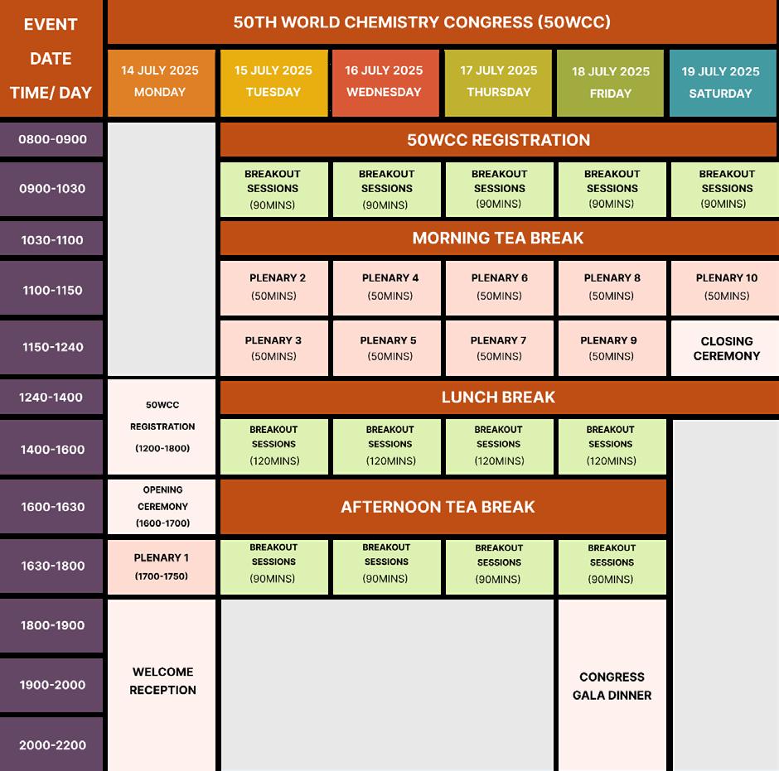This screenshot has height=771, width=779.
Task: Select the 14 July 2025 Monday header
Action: point(160,82)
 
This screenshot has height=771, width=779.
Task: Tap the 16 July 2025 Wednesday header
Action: point(384,82)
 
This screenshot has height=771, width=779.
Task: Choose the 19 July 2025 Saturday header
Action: point(720,83)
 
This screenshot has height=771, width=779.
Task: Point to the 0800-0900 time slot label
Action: point(52,139)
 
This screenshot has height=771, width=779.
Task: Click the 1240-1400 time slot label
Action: point(51,398)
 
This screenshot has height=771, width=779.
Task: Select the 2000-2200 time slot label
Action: point(52,744)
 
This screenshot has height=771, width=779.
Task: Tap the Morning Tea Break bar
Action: point(497,239)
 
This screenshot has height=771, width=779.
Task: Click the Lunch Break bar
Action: point(497,398)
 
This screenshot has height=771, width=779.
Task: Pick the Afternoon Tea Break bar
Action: point(443,507)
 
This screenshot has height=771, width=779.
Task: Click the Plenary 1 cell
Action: point(162,566)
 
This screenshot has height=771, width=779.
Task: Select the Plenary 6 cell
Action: point(499,287)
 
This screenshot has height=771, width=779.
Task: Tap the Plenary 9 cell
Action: point(611,348)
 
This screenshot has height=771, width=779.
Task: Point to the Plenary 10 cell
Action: point(726,287)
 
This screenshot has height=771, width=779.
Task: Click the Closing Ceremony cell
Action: point(726,349)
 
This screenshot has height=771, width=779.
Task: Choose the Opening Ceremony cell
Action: point(162,506)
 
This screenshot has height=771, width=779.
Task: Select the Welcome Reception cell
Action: point(162,681)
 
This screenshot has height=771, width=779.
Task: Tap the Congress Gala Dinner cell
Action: point(612,686)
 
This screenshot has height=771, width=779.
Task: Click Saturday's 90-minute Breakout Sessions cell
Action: point(726,189)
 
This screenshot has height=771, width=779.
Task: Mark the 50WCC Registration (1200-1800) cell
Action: point(162,426)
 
